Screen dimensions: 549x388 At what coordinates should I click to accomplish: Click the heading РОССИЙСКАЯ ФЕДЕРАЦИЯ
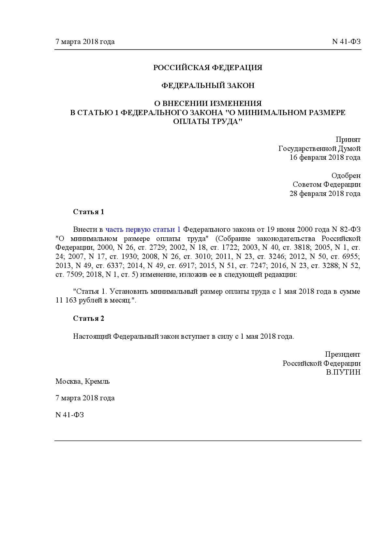[x=208, y=68]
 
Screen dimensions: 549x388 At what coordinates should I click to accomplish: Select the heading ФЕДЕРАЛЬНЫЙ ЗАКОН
[x=208, y=86]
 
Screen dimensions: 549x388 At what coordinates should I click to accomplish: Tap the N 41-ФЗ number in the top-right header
[x=346, y=42]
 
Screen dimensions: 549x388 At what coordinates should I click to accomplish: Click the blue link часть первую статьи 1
[x=143, y=229]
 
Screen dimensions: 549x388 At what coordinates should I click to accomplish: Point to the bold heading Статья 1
[x=88, y=212]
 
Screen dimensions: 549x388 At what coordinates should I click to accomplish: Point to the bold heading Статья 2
[x=88, y=319]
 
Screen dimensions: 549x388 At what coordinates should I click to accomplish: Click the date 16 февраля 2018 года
[x=325, y=157]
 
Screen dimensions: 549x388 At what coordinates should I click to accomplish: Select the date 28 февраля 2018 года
[x=325, y=194]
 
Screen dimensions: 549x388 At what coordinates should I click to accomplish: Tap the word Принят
[x=348, y=140]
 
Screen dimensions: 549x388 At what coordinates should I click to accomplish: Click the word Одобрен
[x=346, y=176]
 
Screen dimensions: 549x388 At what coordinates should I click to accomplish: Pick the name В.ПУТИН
[x=343, y=372]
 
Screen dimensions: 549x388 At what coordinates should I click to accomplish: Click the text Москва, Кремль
[x=82, y=381]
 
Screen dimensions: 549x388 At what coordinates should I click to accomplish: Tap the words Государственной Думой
[x=320, y=149]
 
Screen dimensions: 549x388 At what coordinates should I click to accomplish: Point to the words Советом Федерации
[x=327, y=185]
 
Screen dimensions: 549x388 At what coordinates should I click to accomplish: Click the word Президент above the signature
[x=343, y=354]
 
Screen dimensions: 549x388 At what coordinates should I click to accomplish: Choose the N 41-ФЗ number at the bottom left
[x=69, y=415]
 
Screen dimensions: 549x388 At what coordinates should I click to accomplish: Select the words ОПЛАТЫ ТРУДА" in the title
[x=208, y=122]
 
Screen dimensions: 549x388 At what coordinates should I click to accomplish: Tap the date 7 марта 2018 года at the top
[x=85, y=42]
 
